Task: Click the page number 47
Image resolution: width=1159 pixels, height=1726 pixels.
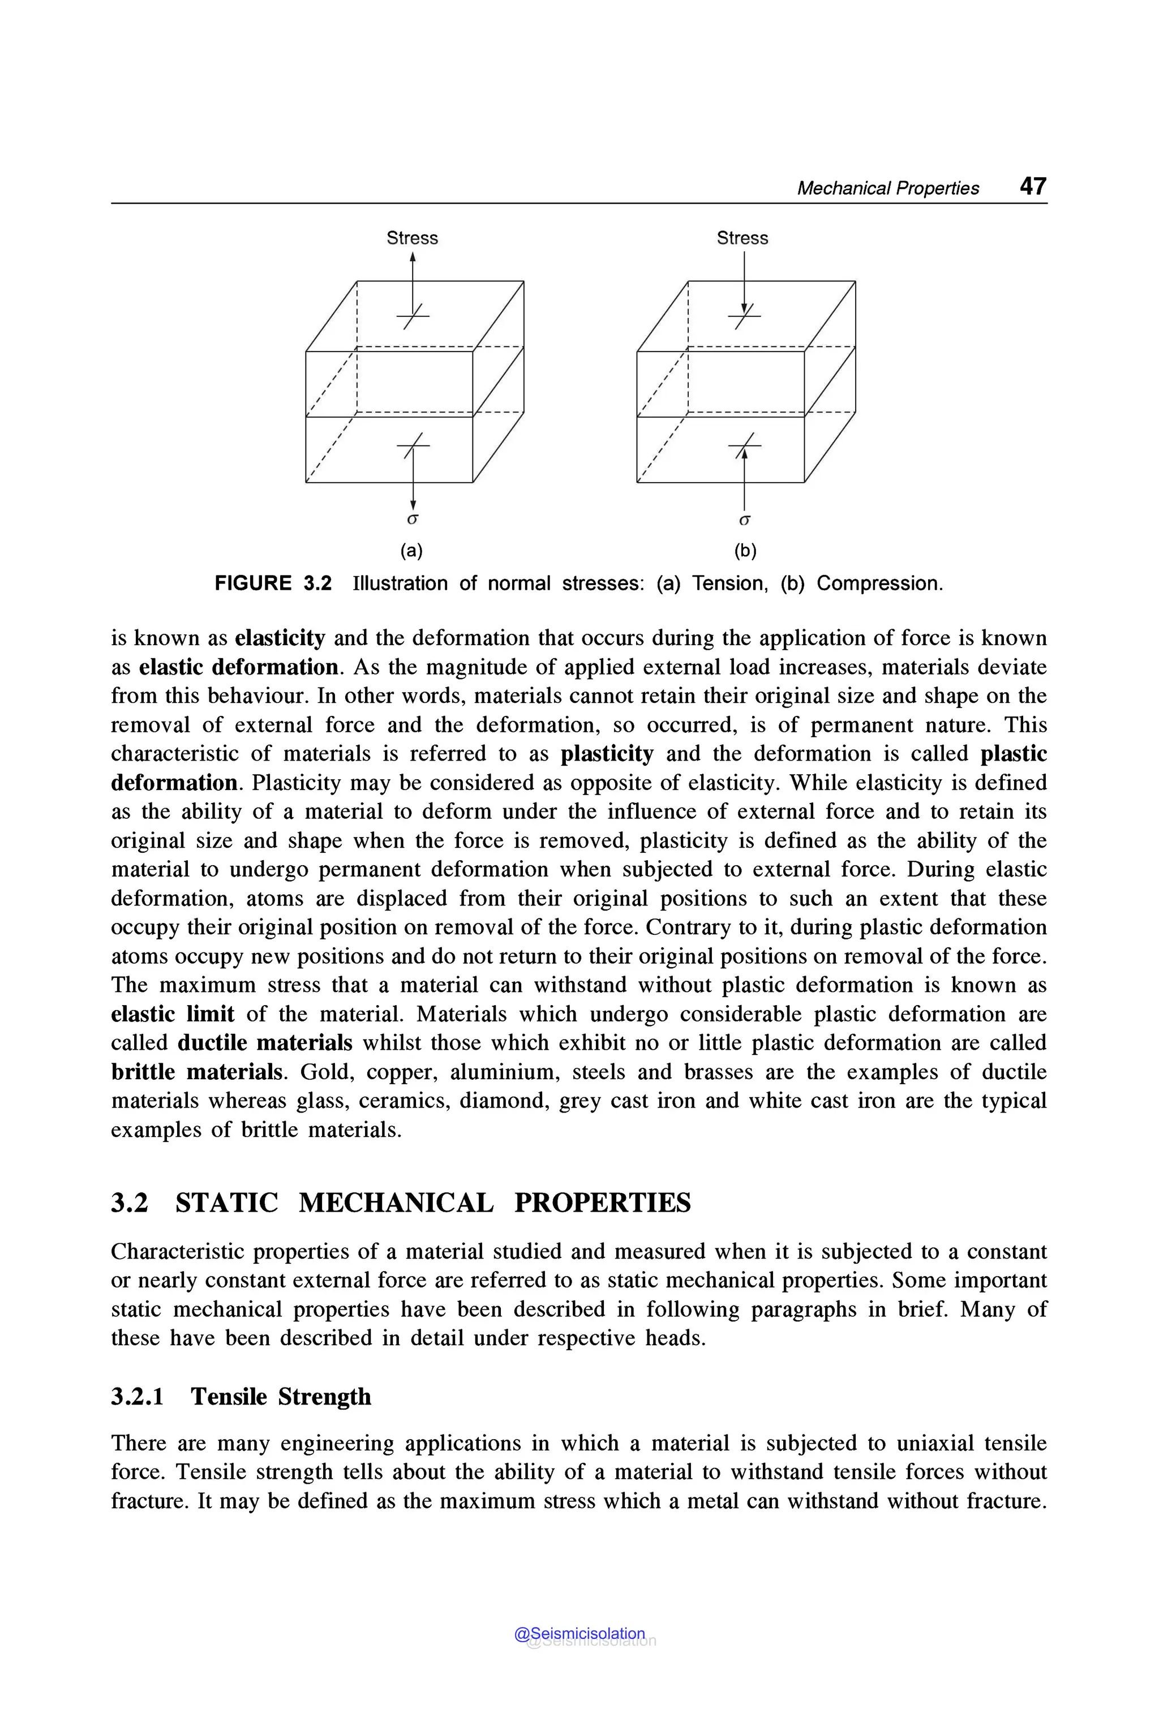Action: point(1033,186)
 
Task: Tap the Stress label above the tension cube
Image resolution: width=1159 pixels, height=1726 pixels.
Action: point(412,238)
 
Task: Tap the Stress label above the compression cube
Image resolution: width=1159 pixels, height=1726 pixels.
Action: point(742,238)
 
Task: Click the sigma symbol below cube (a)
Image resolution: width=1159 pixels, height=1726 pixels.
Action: point(413,519)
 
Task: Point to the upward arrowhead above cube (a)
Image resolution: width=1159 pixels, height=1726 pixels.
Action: point(413,257)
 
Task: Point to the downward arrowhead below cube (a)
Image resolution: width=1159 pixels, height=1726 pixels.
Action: point(413,504)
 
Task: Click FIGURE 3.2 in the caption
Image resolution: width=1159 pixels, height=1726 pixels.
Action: point(273,583)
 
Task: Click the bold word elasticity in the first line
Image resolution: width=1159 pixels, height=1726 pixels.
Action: point(280,638)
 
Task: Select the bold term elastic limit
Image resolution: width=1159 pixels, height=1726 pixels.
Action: point(172,1014)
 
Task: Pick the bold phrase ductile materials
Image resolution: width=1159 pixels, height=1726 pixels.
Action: point(265,1042)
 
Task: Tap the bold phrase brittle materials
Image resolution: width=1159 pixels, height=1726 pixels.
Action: point(196,1071)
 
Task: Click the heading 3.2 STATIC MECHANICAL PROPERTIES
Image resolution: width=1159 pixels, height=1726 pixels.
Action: point(401,1203)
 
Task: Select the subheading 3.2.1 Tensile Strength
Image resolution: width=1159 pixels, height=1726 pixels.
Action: point(241,1396)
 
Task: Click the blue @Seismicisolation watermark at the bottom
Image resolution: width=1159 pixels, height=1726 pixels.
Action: point(579,1634)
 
